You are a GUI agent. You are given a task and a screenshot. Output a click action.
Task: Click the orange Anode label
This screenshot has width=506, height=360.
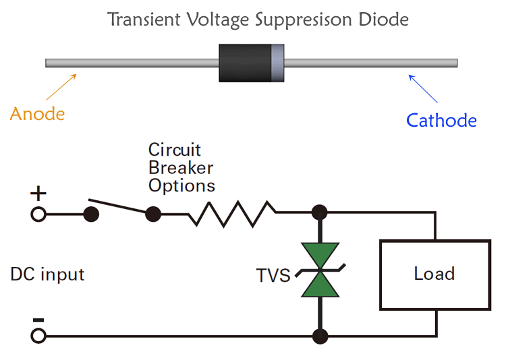(x=37, y=113)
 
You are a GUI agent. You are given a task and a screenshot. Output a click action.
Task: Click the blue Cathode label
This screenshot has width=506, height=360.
(x=441, y=121)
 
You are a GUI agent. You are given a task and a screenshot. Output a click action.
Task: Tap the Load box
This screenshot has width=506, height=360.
(x=434, y=274)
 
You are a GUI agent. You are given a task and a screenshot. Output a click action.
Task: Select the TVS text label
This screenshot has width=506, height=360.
(x=273, y=276)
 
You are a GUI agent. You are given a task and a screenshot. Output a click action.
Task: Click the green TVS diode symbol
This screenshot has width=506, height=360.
(x=320, y=270)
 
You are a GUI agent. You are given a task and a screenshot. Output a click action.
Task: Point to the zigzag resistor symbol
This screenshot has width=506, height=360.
(x=232, y=214)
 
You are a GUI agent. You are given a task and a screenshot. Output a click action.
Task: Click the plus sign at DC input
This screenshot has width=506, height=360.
(x=38, y=194)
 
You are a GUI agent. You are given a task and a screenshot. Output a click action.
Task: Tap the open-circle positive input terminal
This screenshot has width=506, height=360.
(x=38, y=214)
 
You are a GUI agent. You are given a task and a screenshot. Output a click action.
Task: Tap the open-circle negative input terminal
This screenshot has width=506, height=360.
(x=38, y=335)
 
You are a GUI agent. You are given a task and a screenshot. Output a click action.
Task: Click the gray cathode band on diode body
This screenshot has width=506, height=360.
(x=277, y=63)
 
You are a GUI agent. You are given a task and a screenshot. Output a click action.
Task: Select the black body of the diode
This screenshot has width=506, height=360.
(x=244, y=63)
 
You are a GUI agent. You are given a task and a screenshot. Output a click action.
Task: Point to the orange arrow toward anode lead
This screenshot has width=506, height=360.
(x=60, y=88)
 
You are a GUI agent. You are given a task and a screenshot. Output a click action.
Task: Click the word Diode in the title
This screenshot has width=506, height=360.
(x=385, y=19)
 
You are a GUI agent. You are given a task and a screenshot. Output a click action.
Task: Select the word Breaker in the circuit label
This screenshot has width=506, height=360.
(x=181, y=168)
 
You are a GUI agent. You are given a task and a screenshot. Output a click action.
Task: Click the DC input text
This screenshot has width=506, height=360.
(x=47, y=274)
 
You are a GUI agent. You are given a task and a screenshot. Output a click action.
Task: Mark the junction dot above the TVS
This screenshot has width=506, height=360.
(x=320, y=214)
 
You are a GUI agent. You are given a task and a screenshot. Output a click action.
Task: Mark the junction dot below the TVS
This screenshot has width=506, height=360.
(x=320, y=335)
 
